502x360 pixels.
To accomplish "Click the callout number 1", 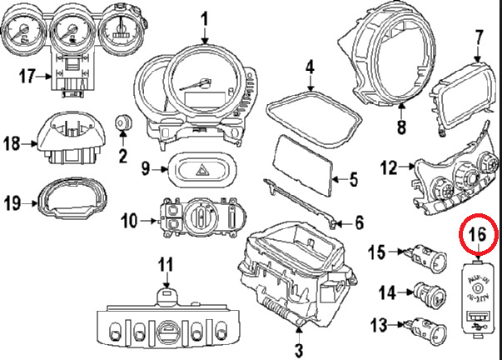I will click(205, 17).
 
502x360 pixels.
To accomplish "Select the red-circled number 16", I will click(478, 235).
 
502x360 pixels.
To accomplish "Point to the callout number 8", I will click(401, 128).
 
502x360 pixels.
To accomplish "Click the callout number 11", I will click(165, 266).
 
